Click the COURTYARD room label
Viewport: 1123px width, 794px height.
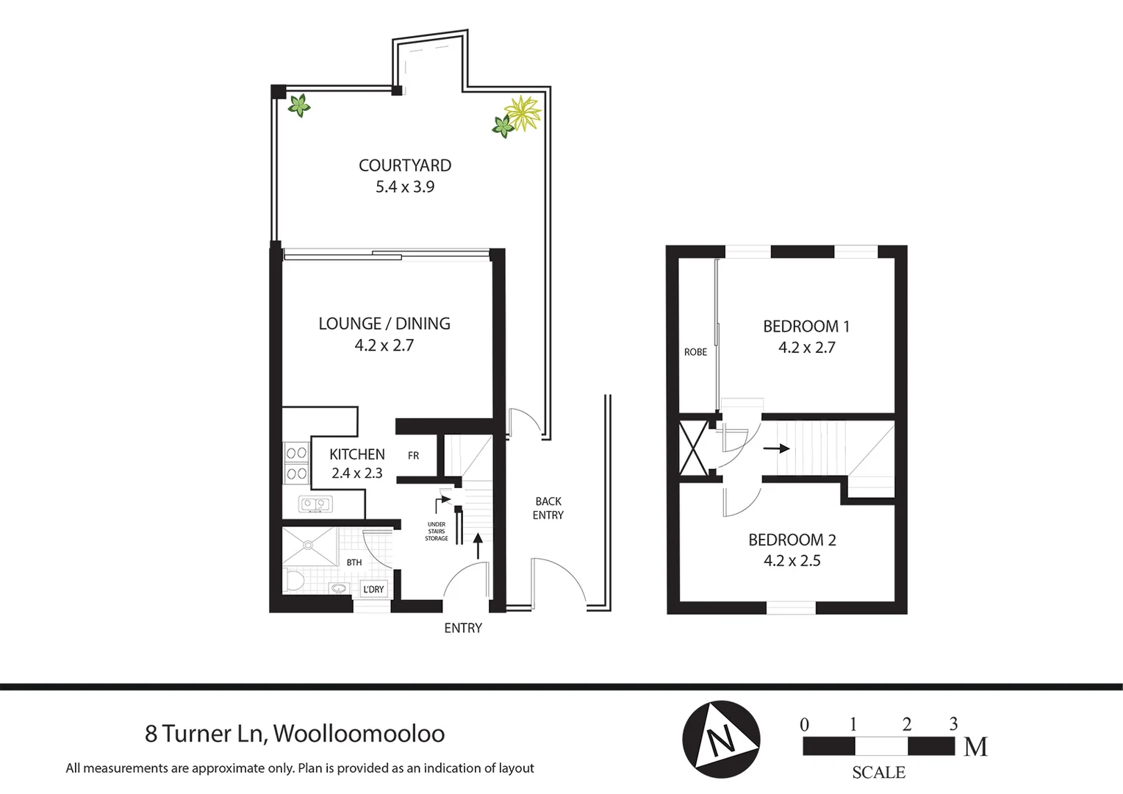click(405, 165)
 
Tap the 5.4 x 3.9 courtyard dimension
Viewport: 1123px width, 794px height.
click(405, 187)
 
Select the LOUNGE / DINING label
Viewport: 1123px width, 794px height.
click(384, 323)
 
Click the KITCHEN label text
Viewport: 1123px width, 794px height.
click(356, 454)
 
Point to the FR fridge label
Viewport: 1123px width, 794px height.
click(413, 456)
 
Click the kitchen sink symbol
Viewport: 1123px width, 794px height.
click(315, 504)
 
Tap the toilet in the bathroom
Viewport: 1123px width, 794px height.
click(294, 581)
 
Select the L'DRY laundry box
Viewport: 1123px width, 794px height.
click(373, 589)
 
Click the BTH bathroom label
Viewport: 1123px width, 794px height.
click(354, 562)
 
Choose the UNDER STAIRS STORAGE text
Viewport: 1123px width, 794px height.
click(437, 532)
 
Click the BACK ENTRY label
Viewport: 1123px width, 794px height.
click(548, 508)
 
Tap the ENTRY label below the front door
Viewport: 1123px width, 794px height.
click(463, 628)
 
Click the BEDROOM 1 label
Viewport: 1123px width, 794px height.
click(806, 326)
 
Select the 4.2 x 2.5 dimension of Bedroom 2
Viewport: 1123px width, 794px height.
click(792, 561)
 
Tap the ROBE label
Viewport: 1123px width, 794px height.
click(695, 352)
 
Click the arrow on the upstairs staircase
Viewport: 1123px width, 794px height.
click(777, 448)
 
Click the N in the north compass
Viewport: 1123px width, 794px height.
click(720, 740)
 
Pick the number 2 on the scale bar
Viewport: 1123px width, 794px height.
click(907, 724)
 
